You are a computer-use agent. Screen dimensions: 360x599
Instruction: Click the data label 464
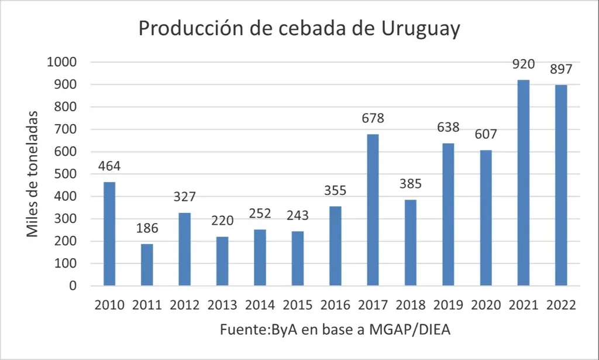coord(109,166)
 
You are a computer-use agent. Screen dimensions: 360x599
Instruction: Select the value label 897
coord(561,68)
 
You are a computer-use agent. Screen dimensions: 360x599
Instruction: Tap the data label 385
coord(410,184)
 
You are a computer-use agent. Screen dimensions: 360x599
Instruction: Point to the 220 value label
coord(222,221)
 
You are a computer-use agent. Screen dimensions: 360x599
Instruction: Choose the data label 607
coord(486,134)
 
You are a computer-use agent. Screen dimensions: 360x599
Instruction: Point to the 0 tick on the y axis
coord(73,286)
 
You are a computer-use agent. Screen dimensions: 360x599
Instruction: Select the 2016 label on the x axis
coord(335,305)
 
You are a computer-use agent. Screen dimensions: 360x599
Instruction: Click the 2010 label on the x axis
coord(109,305)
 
